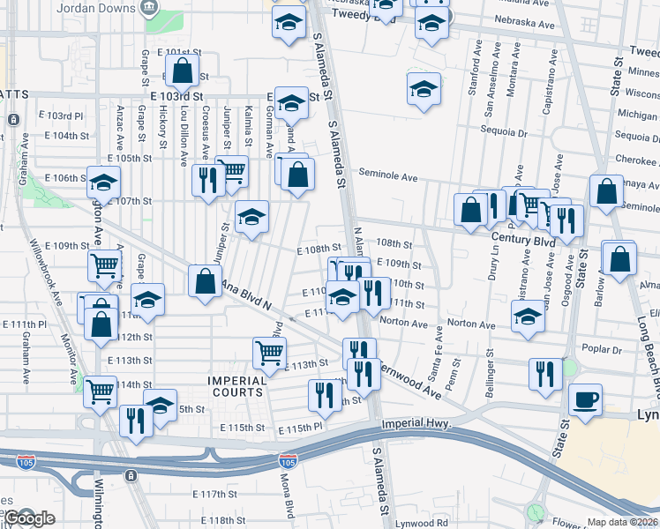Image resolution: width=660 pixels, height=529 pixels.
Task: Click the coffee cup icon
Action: pos(585,399)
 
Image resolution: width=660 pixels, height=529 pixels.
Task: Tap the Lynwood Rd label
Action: pos(423,524)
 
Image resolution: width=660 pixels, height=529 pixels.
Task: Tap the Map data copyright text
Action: pos(622,522)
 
